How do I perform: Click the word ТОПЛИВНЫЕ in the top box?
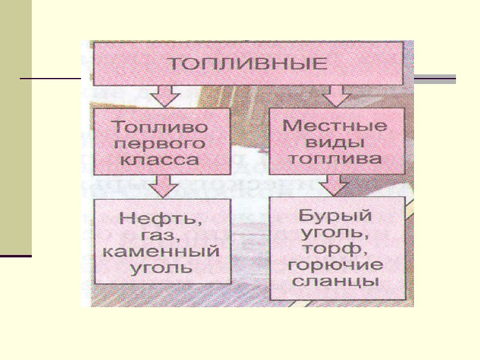click(x=246, y=64)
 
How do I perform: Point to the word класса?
click(x=160, y=160)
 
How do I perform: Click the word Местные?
click(x=334, y=128)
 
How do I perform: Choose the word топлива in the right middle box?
click(x=334, y=159)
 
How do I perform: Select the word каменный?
click(x=162, y=251)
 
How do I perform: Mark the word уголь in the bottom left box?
click(x=162, y=267)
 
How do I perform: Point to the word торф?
click(x=335, y=248)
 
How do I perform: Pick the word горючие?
click(x=335, y=264)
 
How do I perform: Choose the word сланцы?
click(x=335, y=280)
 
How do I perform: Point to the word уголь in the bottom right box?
click(x=335, y=232)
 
